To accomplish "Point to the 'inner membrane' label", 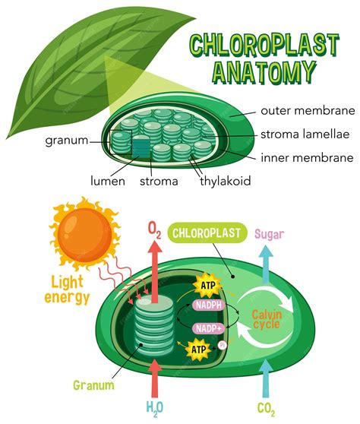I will coord(306,158).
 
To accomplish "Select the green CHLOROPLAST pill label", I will coord(205,233).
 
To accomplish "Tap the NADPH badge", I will coord(208,305).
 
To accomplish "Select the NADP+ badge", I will coord(207,328).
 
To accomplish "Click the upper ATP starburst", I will coord(207,285).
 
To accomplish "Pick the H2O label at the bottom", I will coord(154,409).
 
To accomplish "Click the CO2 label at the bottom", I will coord(266,410).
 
